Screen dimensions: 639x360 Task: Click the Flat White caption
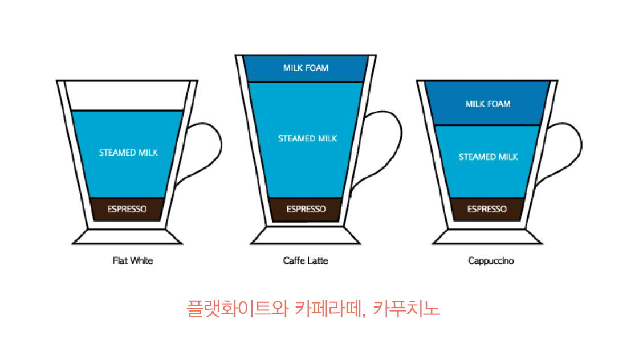[x=133, y=261]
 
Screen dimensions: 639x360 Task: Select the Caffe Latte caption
[x=306, y=261]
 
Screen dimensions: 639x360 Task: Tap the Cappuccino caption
[x=491, y=261]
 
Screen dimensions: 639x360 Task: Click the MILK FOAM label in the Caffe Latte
[x=306, y=68]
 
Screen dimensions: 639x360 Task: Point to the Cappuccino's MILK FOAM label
[x=488, y=104]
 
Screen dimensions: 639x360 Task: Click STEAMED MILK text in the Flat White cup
[x=128, y=153]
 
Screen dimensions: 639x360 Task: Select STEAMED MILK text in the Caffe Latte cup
[x=308, y=138]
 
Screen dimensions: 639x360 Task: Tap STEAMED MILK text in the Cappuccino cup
[x=489, y=157]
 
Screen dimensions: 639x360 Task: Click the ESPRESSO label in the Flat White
[x=127, y=209]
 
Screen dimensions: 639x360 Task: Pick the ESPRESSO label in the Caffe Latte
[x=307, y=209]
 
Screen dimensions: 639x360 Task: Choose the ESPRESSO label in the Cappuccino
[x=487, y=209]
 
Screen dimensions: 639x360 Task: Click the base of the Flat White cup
[x=127, y=236]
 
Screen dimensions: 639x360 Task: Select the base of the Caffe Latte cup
[x=306, y=236]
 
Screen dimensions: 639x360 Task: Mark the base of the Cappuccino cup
[x=487, y=236]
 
